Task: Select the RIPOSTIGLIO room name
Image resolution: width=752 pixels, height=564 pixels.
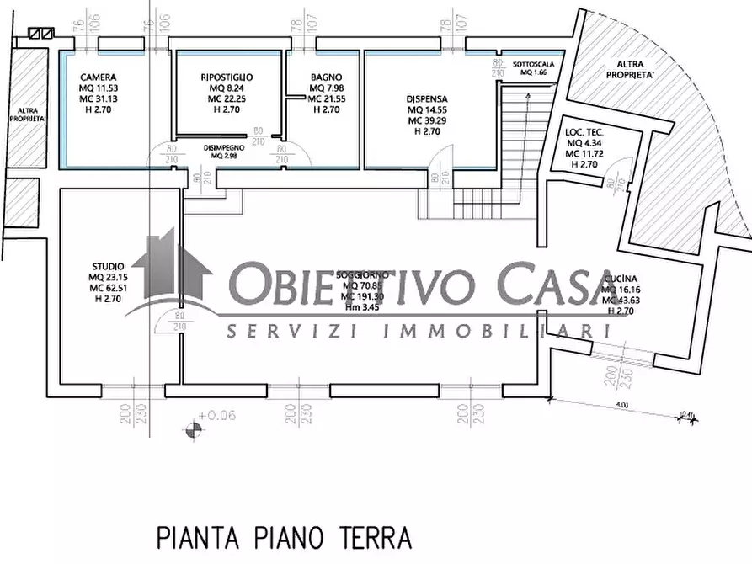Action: tap(227, 77)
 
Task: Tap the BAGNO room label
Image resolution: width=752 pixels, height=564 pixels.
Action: tap(324, 77)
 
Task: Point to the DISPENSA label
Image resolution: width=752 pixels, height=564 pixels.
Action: tap(425, 98)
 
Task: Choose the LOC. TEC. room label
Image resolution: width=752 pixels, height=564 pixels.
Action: tap(584, 132)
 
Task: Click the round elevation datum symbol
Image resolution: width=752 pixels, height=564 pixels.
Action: tap(193, 429)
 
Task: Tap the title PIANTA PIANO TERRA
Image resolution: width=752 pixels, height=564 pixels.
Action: tap(284, 535)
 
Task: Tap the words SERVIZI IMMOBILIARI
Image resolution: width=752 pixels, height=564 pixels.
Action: tap(418, 332)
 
